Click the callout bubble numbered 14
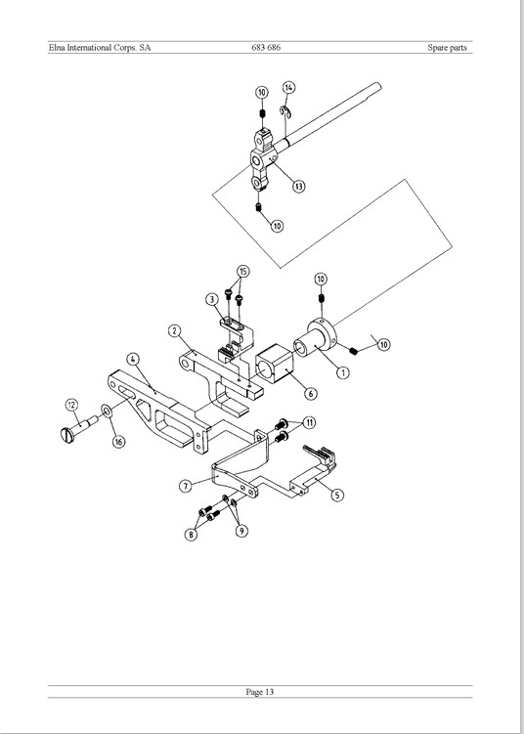pos(289,88)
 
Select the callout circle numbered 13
pos(299,186)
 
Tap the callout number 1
pos(343,372)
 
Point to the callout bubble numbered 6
pos(311,393)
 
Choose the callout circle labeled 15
pos(242,272)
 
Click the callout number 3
pos(212,299)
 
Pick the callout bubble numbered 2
pos(174,331)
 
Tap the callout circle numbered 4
pos(133,359)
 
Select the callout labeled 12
pos(71,405)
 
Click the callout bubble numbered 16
pos(120,442)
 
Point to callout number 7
pos(186,486)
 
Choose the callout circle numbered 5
pos(336,495)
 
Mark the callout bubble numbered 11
pos(309,422)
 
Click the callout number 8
pos(191,535)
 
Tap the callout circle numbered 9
pos(241,531)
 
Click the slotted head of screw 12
pos(67,435)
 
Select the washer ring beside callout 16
pos(107,411)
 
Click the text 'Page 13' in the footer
pos(260,692)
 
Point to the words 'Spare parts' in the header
pos(447,47)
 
